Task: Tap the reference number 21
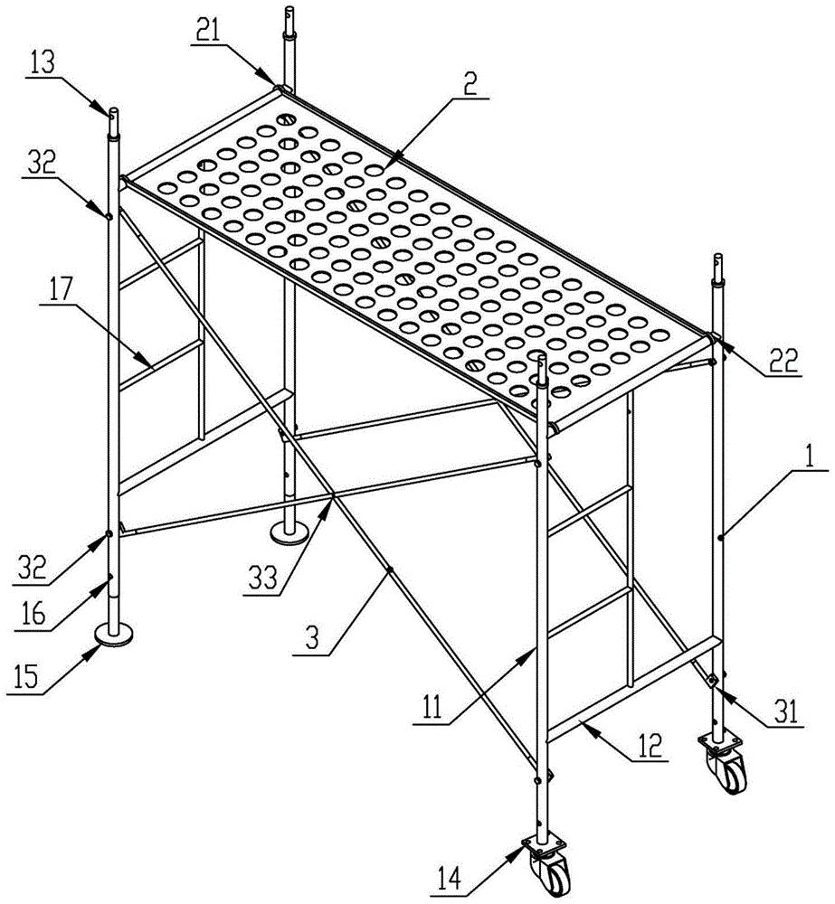pyautogui.click(x=208, y=31)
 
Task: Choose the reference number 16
pyautogui.click(x=34, y=615)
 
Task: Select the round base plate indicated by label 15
pyautogui.click(x=114, y=635)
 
